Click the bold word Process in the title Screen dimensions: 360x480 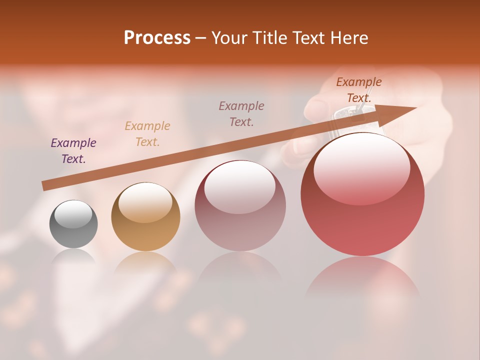(x=157, y=38)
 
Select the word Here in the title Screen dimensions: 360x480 (x=348, y=38)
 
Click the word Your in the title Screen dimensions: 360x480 (x=230, y=38)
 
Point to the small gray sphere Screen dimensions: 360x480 (x=73, y=224)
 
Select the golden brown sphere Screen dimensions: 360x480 (x=145, y=217)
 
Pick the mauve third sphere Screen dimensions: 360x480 (x=240, y=206)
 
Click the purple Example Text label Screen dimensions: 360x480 (x=73, y=151)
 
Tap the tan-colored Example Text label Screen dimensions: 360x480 (x=147, y=133)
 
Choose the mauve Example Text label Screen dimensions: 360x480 (x=241, y=113)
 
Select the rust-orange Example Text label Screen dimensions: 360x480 (x=359, y=90)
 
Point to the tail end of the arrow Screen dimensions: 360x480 (x=46, y=186)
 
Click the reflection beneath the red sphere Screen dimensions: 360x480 (x=362, y=277)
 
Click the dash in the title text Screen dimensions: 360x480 (x=201, y=38)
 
